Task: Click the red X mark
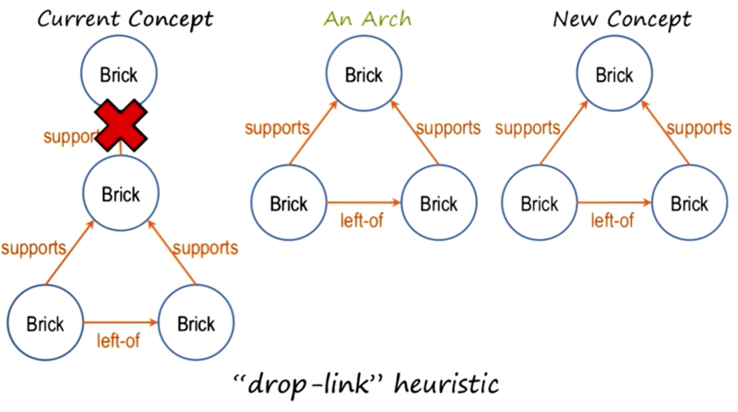(121, 126)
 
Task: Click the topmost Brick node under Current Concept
(119, 73)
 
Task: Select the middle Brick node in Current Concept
(121, 193)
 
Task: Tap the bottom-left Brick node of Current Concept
(45, 323)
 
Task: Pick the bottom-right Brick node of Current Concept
(196, 323)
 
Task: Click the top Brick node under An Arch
(363, 74)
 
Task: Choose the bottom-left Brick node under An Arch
(289, 202)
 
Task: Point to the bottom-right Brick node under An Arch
(439, 202)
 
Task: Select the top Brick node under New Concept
(614, 74)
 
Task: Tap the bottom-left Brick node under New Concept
(540, 202)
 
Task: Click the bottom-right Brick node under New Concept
(689, 202)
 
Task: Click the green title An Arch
(367, 18)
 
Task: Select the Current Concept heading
(125, 19)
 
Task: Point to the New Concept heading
(622, 19)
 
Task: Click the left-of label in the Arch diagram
(362, 221)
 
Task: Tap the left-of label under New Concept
(613, 221)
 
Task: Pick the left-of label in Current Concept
(118, 340)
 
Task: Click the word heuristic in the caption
(446, 382)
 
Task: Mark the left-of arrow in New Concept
(614, 202)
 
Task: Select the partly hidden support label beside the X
(71, 137)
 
